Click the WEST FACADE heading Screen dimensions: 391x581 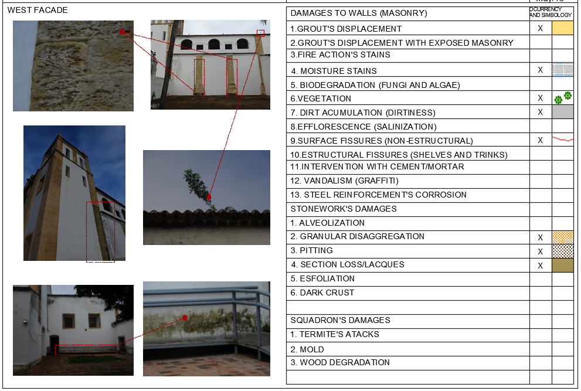coord(38,10)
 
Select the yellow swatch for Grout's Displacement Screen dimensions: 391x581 coord(563,28)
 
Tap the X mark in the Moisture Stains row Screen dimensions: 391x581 coord(541,70)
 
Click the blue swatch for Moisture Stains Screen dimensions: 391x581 coord(563,70)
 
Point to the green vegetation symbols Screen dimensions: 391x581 coord(563,98)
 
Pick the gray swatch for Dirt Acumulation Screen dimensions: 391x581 coord(563,112)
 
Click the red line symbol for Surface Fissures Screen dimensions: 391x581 coord(563,140)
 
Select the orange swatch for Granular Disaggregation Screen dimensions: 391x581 coord(563,237)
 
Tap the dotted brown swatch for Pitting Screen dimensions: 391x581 coord(563,251)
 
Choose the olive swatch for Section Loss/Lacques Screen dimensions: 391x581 coord(563,265)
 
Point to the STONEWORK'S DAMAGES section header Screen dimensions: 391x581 coord(344,209)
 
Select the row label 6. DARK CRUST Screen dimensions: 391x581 coord(322,293)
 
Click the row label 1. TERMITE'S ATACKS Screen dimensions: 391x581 coord(335,334)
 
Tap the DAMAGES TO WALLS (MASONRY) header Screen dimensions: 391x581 coord(359,13)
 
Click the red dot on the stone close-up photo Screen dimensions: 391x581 coord(122,31)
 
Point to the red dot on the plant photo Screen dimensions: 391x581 coord(209,198)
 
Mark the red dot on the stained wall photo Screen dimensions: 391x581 coord(185,318)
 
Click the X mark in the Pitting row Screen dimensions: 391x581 coord(541,251)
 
